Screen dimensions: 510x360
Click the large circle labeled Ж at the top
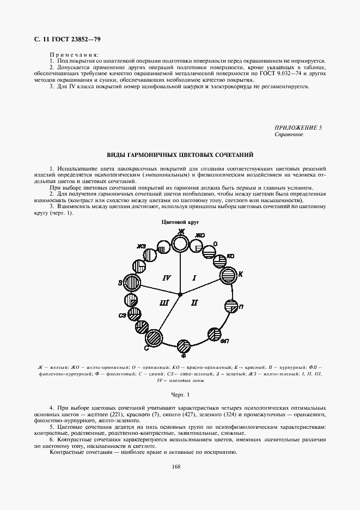(180, 243)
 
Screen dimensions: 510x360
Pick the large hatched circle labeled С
(154, 338)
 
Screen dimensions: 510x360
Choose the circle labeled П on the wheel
(231, 306)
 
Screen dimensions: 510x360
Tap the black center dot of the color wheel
(180, 294)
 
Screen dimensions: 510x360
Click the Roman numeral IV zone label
(167, 278)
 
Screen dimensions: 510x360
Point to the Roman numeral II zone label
(195, 302)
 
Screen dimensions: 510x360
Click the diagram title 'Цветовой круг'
(179, 222)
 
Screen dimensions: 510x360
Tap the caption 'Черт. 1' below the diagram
(180, 393)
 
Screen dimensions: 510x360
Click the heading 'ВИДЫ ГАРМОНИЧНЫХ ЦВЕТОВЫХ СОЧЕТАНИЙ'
(180, 155)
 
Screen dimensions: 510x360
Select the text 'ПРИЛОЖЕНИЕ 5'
(298, 127)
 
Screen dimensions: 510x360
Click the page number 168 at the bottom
(175, 466)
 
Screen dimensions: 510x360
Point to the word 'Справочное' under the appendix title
(289, 134)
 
